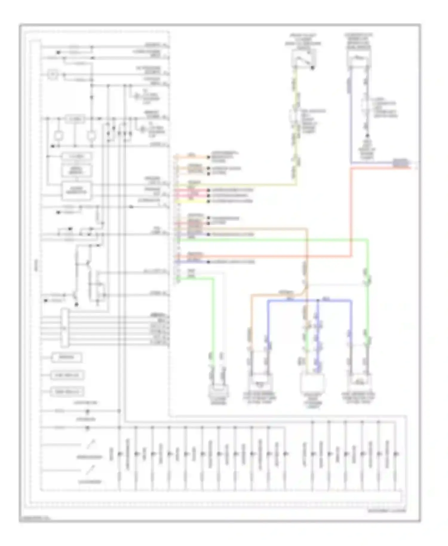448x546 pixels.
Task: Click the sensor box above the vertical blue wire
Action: click(359, 58)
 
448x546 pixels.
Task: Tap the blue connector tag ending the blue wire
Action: click(401, 162)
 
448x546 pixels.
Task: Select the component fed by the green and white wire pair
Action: click(218, 392)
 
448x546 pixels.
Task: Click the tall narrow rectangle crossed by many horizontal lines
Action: click(65, 328)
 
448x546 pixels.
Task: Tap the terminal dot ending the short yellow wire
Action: click(209, 201)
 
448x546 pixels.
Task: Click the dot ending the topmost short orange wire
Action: click(209, 157)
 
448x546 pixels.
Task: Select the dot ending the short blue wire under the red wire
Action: click(209, 262)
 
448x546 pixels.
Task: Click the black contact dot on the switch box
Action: click(312, 68)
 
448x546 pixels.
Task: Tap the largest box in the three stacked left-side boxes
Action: click(76, 191)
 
